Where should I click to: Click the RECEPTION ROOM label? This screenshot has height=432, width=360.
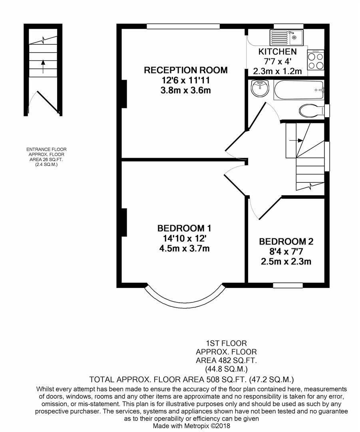pyautogui.click(x=186, y=70)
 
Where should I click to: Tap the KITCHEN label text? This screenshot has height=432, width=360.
pyautogui.click(x=277, y=52)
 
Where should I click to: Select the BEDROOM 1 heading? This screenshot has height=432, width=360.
pyautogui.click(x=184, y=228)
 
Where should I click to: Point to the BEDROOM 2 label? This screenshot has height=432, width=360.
pyautogui.click(x=286, y=242)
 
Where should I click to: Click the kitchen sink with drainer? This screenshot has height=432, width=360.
pyautogui.click(x=286, y=38)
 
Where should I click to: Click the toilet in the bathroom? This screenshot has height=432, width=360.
pyautogui.click(x=311, y=110)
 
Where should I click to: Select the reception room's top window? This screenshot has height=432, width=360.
pyautogui.click(x=183, y=26)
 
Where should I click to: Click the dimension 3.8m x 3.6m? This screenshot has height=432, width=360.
pyautogui.click(x=186, y=90)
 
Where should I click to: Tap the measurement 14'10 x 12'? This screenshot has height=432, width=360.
pyautogui.click(x=184, y=238)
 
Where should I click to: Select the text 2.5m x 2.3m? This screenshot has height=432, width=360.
pyautogui.click(x=286, y=262)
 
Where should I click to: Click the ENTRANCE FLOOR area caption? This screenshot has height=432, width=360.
pyautogui.click(x=46, y=156)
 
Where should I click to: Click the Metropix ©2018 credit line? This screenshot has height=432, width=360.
pyautogui.click(x=191, y=426)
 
